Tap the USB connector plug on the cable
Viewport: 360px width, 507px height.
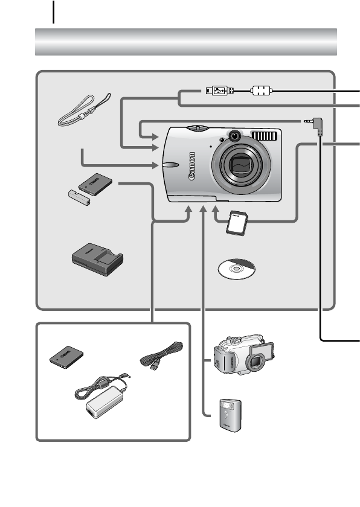click(x=218, y=91)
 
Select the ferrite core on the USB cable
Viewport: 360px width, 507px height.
click(x=259, y=91)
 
